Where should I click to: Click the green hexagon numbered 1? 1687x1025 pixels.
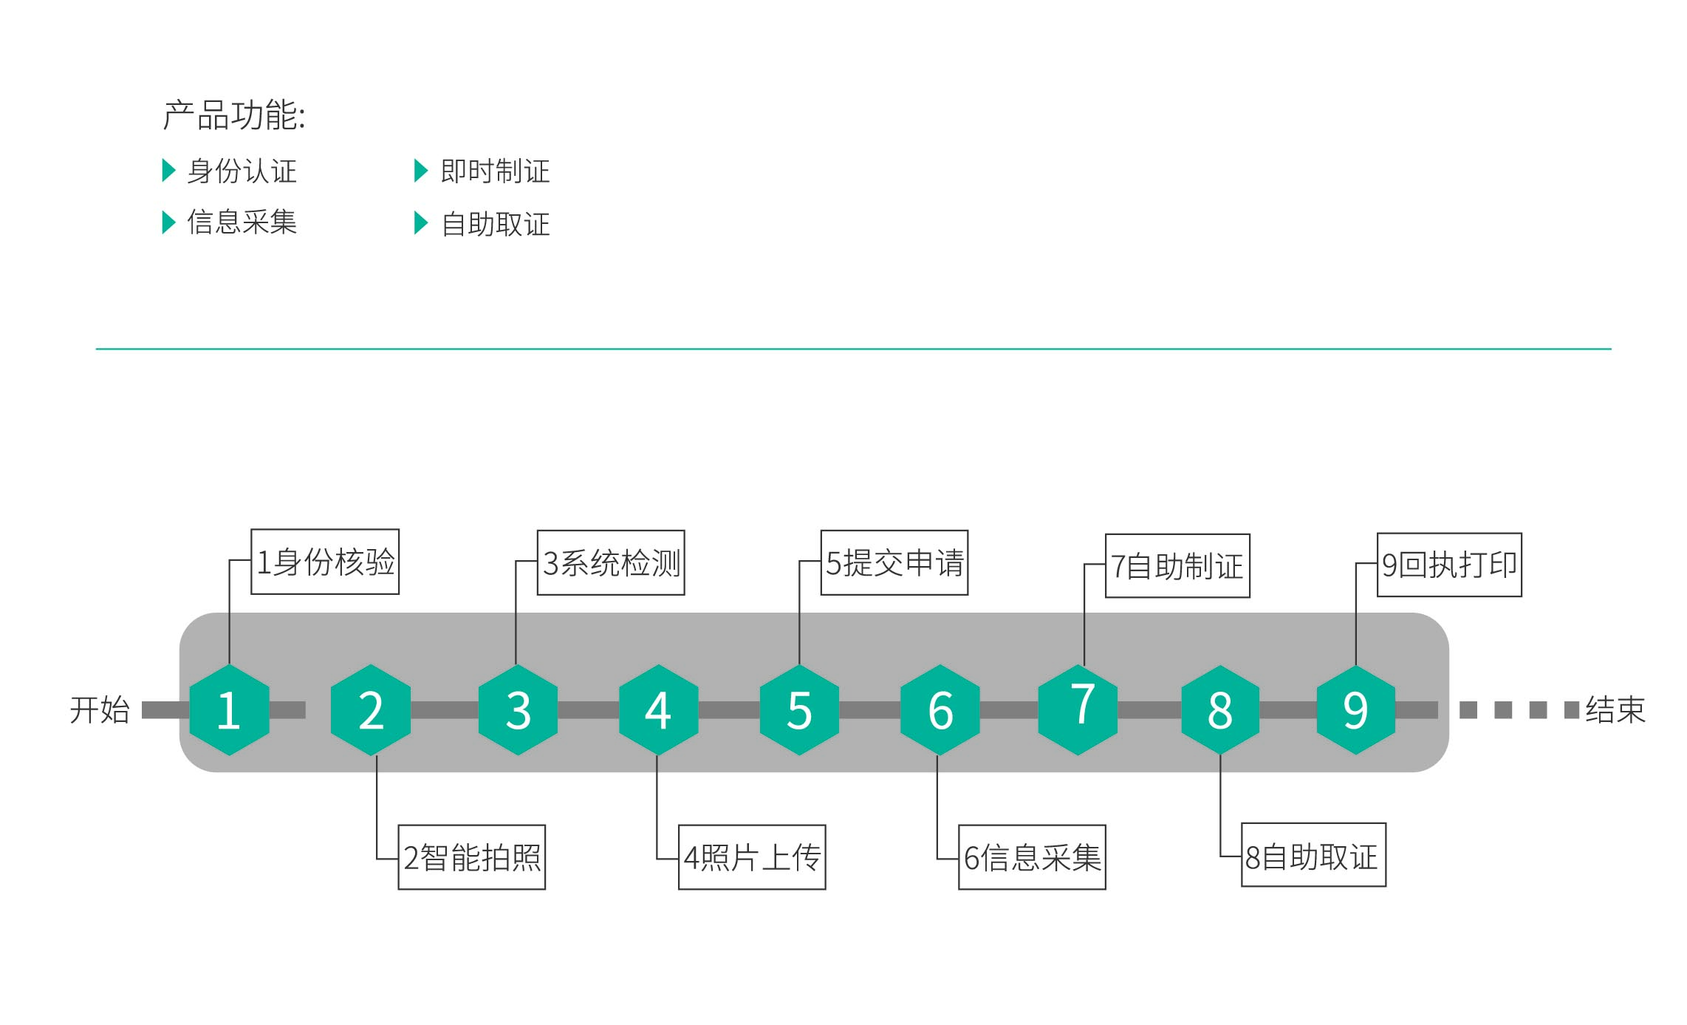click(x=229, y=709)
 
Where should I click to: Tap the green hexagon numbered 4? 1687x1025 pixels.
click(x=658, y=709)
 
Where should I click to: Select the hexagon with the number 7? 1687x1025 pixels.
click(x=1078, y=709)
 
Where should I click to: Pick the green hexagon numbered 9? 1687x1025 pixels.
click(x=1355, y=709)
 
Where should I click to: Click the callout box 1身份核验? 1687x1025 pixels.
click(x=325, y=562)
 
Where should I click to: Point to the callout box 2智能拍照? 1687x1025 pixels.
click(x=472, y=857)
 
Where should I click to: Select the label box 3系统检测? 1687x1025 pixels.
click(x=611, y=562)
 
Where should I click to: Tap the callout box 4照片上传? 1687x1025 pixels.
click(x=752, y=857)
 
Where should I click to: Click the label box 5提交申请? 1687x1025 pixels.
click(x=894, y=562)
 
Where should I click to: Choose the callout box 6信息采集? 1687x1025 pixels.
click(x=1032, y=857)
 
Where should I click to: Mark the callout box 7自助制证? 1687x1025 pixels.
click(x=1177, y=566)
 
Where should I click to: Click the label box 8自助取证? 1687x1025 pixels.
click(x=1313, y=855)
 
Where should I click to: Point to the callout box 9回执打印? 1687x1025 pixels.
click(x=1449, y=565)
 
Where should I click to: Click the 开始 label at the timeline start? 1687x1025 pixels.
click(x=100, y=710)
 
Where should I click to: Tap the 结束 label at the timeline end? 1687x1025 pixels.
click(x=1615, y=710)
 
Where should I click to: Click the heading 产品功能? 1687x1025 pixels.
click(x=234, y=115)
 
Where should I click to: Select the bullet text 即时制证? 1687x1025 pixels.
click(x=495, y=171)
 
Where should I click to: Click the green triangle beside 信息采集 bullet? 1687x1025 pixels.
click(x=168, y=222)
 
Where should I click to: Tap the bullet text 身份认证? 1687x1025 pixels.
click(x=242, y=171)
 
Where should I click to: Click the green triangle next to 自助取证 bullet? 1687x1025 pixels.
click(x=421, y=223)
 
